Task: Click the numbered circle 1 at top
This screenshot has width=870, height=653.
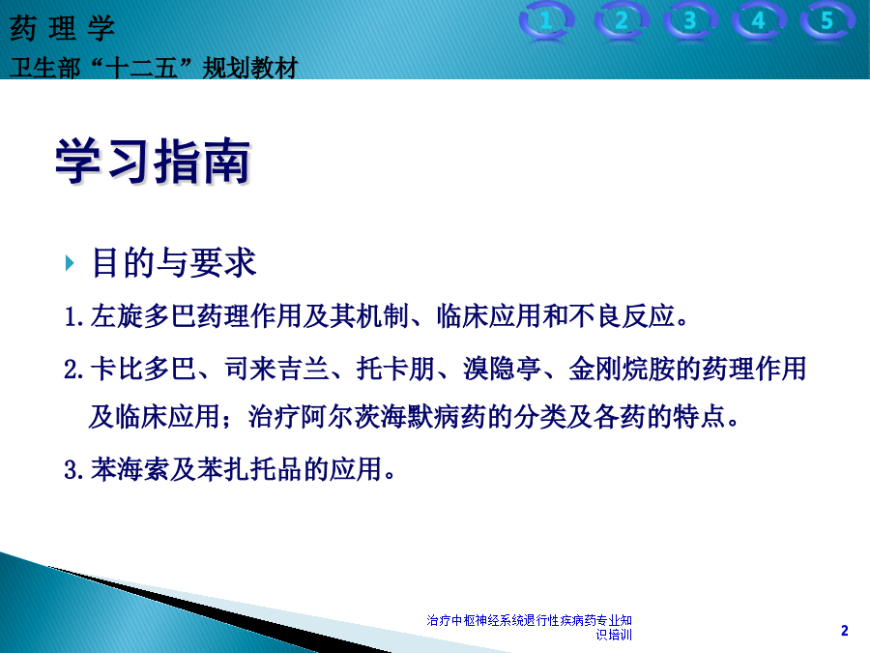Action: coord(546,21)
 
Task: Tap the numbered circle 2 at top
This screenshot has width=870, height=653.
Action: coord(622,21)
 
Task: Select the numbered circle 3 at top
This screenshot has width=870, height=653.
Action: coord(690,21)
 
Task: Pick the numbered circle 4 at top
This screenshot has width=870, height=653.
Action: coord(759,21)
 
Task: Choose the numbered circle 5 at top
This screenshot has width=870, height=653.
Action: coord(826,21)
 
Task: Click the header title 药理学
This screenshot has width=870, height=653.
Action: coord(62,28)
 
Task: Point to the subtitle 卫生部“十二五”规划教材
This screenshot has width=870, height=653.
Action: coord(154,68)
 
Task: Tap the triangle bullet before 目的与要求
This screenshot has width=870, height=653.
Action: coord(70,262)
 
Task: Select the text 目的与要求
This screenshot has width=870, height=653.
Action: coord(174,262)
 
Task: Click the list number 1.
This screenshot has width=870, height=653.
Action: coord(72,317)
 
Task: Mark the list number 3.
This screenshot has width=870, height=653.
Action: coord(72,470)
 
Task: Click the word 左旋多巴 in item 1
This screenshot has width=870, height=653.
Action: coord(144,316)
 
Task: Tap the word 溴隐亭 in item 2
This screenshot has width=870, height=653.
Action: coord(502,369)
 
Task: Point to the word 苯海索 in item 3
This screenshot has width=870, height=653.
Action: coord(130,469)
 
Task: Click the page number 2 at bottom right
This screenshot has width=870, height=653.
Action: coord(845,630)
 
